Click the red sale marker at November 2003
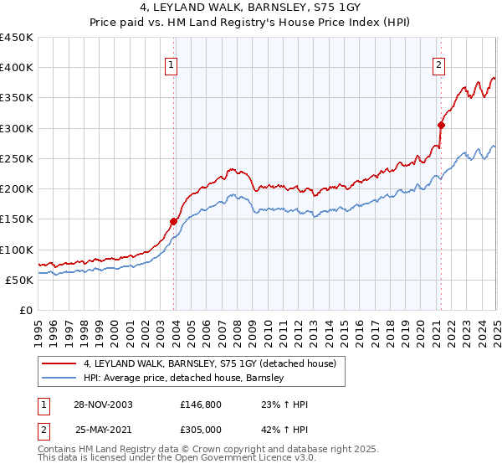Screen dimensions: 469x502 click(x=174, y=221)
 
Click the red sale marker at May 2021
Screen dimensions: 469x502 click(x=441, y=125)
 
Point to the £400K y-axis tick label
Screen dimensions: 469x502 click(x=17, y=68)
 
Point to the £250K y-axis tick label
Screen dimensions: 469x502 click(x=17, y=158)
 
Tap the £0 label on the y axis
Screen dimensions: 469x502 click(x=26, y=310)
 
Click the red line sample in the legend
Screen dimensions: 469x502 click(x=60, y=363)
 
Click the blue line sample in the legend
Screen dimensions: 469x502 click(x=60, y=378)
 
